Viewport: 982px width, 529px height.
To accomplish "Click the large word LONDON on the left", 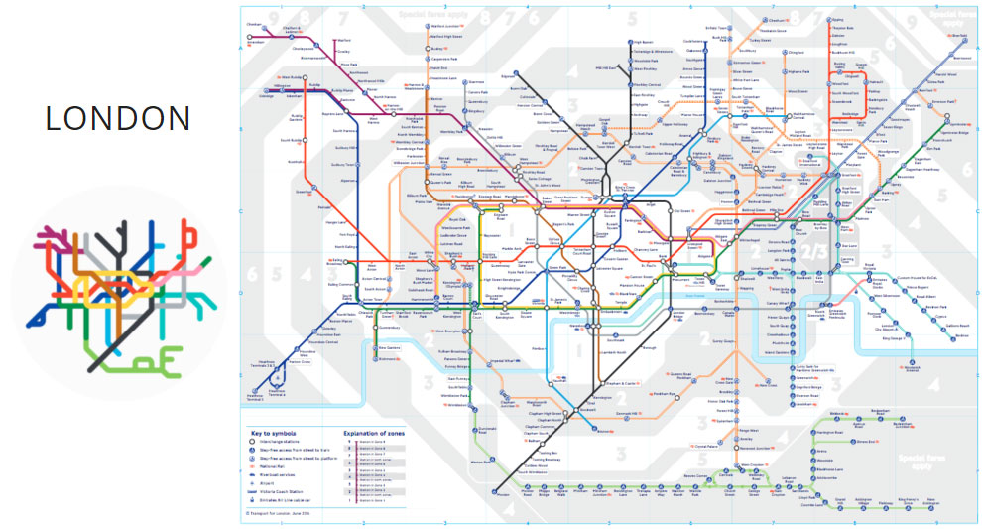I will (x=118, y=118).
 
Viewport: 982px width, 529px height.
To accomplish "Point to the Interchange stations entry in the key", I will (x=282, y=444).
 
